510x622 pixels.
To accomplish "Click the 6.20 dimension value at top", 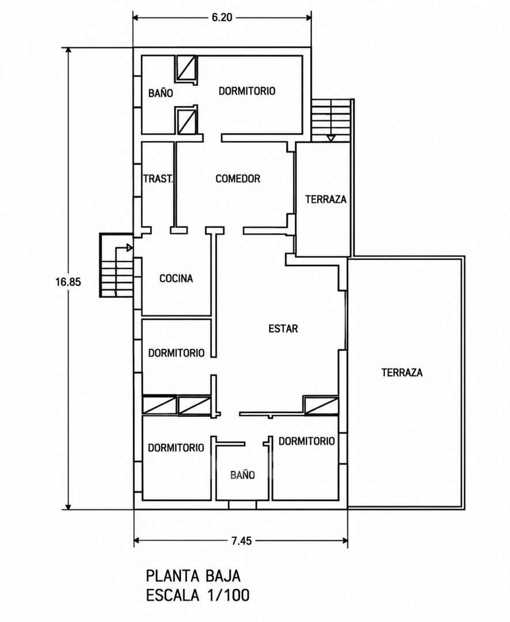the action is pos(222,17).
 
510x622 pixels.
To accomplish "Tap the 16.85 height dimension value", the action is pos(68,282).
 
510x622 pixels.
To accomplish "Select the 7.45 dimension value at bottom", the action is pos(241,541).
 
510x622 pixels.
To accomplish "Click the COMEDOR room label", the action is pos(238,179).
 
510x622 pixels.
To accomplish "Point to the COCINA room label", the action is pos(176,279).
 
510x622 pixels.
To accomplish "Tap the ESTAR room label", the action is pos(283,328).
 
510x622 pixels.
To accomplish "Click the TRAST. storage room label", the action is pos(158,179).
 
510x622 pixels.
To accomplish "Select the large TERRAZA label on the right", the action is pos(402,373).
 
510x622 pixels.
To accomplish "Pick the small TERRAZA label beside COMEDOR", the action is pos(326,199).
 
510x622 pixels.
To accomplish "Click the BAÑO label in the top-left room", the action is pos(161,93).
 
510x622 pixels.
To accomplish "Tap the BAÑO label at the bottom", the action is pos(243,475).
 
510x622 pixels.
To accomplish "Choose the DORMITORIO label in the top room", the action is pos(247,91).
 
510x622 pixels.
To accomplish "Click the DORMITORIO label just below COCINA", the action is pos(176,352).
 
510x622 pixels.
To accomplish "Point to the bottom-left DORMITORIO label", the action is pos(176,448).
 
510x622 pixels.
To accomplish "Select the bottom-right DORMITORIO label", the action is pos(307,441).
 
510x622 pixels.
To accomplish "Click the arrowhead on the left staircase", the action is pos(130,248).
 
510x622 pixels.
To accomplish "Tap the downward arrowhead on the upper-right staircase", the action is pos(331,138).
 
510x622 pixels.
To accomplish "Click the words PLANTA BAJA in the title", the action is pos(193,575).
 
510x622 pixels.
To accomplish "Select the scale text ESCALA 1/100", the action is pos(198,596).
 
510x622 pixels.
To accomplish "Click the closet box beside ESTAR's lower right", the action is pos(321,405).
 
